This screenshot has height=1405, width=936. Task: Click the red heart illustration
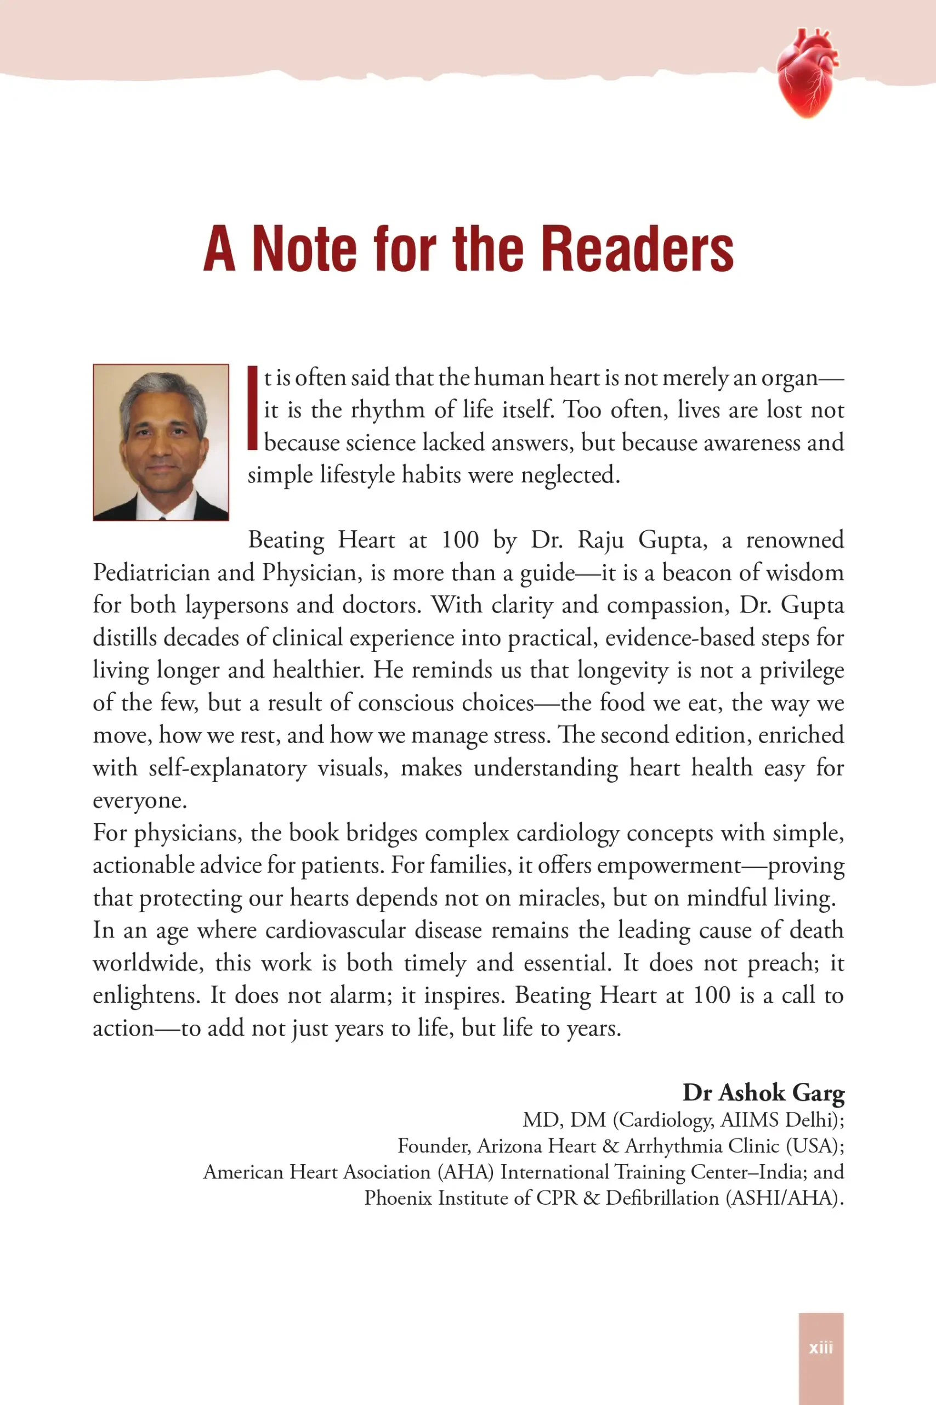coord(807,73)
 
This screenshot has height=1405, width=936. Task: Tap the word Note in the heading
coord(304,249)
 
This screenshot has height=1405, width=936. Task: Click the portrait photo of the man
coord(161,442)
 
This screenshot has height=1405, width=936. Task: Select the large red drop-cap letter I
coord(252,408)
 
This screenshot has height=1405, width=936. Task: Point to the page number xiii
coord(821,1348)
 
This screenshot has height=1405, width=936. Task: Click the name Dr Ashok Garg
coord(763,1093)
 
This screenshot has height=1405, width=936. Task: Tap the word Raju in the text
coord(600,540)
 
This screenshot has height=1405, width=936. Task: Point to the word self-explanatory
coord(228,768)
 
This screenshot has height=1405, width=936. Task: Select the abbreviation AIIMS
coord(749,1120)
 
